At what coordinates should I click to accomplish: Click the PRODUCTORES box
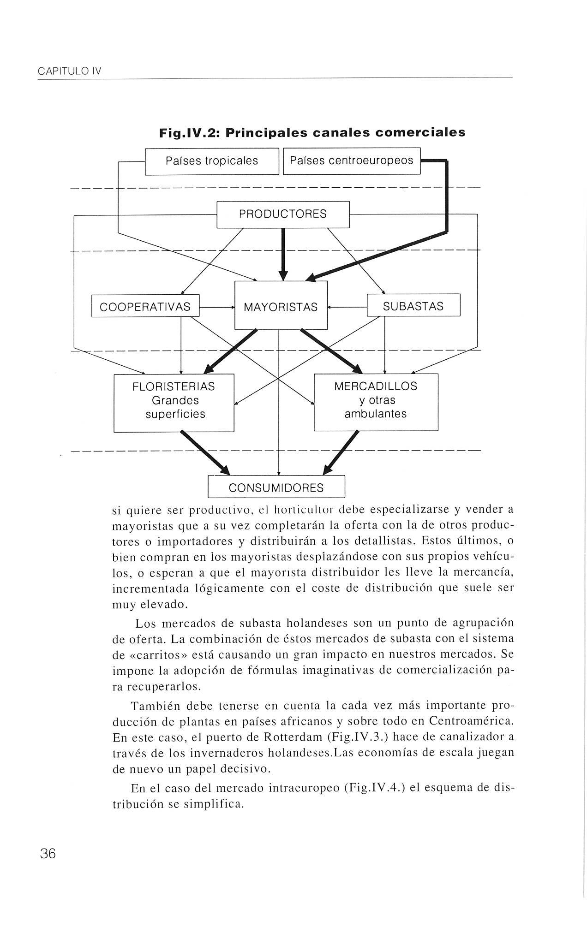point(283,214)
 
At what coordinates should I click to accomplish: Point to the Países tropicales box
point(212,161)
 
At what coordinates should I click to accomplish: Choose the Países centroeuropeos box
point(351,161)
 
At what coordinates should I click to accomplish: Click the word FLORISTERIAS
point(174,386)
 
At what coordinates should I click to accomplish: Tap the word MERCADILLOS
point(376,386)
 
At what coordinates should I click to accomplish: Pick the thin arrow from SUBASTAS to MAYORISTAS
point(347,306)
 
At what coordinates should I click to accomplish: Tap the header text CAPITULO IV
point(70,71)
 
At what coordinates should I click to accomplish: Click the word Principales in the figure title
point(266,133)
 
